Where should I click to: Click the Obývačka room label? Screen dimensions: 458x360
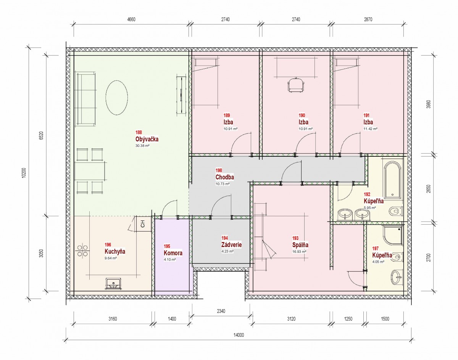click(x=147, y=139)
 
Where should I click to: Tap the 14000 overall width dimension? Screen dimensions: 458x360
click(x=239, y=335)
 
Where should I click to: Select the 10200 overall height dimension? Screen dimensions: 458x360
click(x=24, y=173)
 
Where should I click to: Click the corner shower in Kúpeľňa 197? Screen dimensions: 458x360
click(x=393, y=236)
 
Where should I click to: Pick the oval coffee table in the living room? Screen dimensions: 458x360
click(x=117, y=98)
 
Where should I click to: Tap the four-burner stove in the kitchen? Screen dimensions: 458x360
click(x=82, y=251)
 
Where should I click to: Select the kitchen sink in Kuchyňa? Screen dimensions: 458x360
click(x=113, y=284)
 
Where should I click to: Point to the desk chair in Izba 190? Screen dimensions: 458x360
click(x=296, y=85)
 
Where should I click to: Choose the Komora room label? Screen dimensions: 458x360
click(x=173, y=253)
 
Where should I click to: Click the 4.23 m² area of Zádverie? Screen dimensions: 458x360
click(x=227, y=251)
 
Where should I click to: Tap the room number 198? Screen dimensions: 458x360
click(x=219, y=170)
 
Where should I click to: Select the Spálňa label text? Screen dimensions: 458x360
click(x=300, y=245)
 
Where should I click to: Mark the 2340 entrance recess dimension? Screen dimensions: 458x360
click(x=221, y=311)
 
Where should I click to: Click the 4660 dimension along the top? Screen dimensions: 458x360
click(x=131, y=19)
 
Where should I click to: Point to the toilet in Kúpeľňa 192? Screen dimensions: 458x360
click(x=395, y=211)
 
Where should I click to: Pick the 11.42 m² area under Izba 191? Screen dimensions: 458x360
click(x=371, y=129)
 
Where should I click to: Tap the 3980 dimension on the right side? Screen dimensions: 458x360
click(x=429, y=104)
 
